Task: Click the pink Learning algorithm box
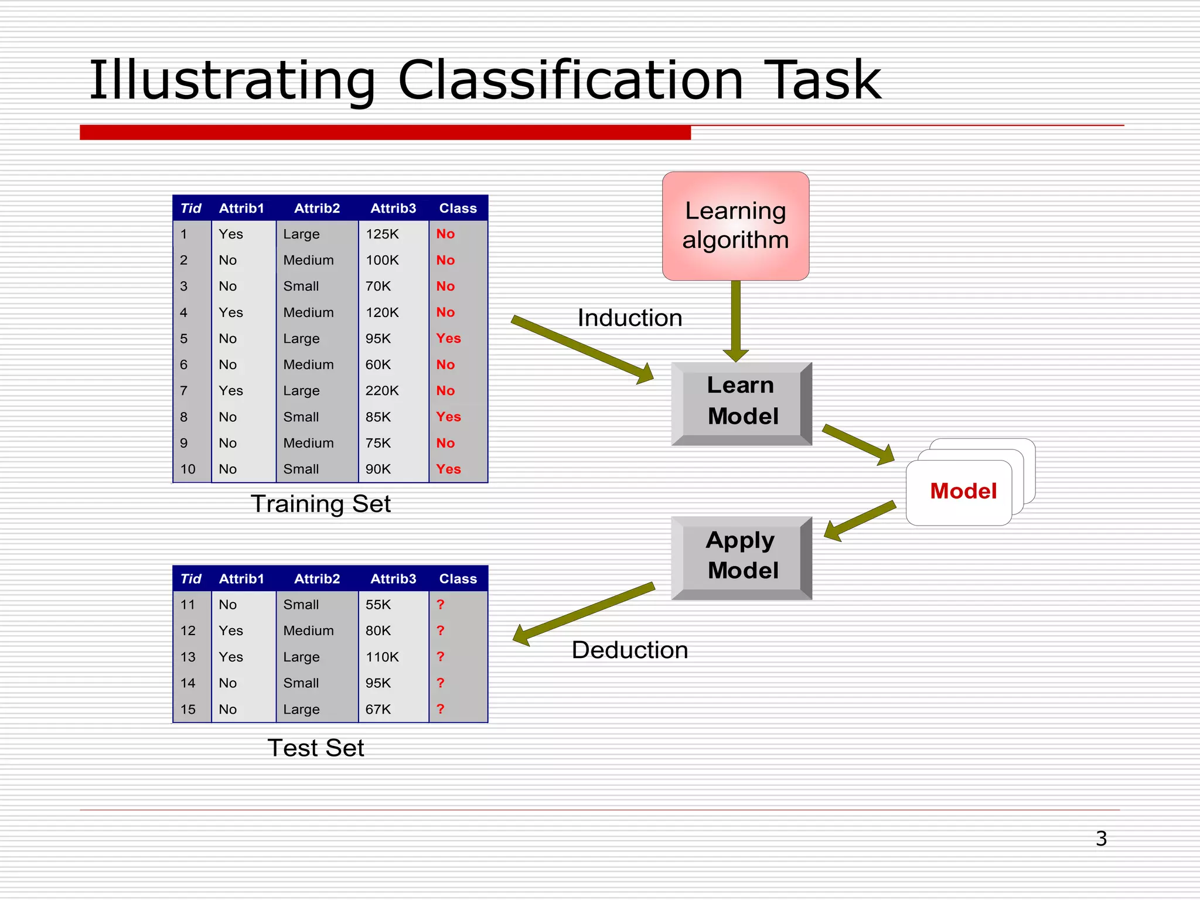pyautogui.click(x=735, y=226)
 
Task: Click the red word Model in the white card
pyautogui.click(x=963, y=491)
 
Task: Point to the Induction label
pyautogui.click(x=630, y=318)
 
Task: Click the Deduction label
pyautogui.click(x=630, y=650)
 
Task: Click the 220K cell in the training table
pyautogui.click(x=382, y=391)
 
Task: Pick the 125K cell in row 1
pyautogui.click(x=382, y=234)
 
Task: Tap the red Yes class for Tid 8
pyautogui.click(x=449, y=417)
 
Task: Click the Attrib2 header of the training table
pyautogui.click(x=317, y=209)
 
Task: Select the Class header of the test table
pyautogui.click(x=458, y=579)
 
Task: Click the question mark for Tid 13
pyautogui.click(x=441, y=657)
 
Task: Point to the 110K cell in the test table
pyautogui.click(x=382, y=657)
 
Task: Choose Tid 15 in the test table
pyautogui.click(x=188, y=709)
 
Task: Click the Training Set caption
pyautogui.click(x=321, y=504)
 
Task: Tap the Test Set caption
pyautogui.click(x=316, y=748)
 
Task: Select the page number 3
pyautogui.click(x=1101, y=838)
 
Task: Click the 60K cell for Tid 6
pyautogui.click(x=378, y=364)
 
